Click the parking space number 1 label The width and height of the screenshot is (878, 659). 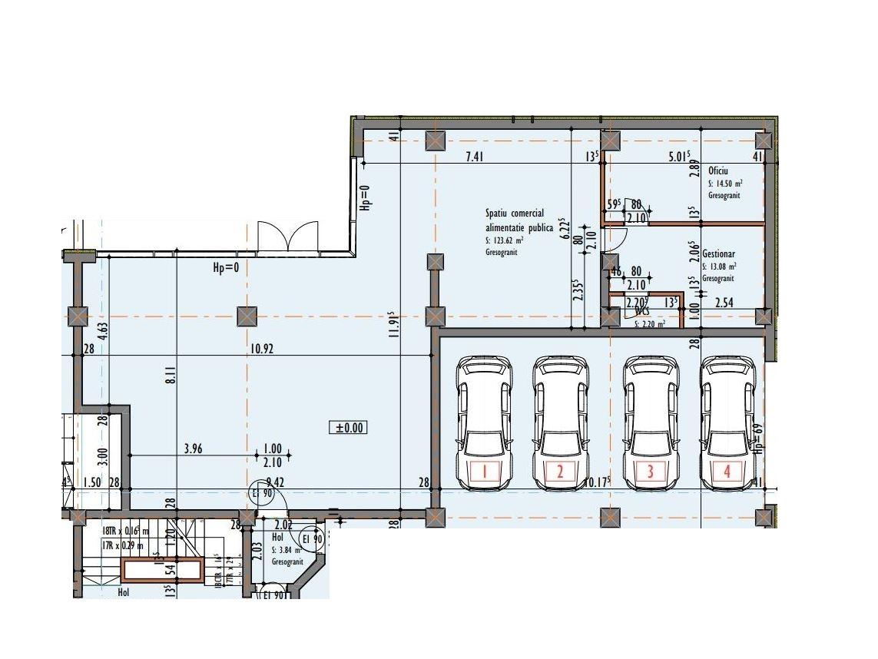click(x=485, y=471)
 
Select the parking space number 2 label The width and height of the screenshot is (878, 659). click(x=560, y=471)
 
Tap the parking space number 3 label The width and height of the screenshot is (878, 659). click(x=650, y=471)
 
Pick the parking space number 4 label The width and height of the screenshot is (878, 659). click(x=727, y=471)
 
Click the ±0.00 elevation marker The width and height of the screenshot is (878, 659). click(x=348, y=428)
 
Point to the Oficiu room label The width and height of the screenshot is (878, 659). click(x=718, y=171)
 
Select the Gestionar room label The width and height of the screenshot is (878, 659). click(x=719, y=253)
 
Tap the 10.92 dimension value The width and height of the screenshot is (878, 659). click(x=260, y=348)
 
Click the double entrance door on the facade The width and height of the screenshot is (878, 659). click(x=287, y=237)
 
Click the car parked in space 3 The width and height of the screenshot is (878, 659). click(x=651, y=422)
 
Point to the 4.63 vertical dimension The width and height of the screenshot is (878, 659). click(x=101, y=335)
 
